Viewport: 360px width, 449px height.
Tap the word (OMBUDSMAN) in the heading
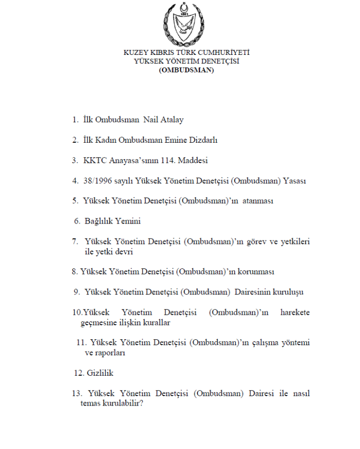186,70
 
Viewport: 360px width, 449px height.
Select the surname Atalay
172,120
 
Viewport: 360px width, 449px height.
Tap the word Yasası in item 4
294,181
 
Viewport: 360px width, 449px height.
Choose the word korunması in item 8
257,272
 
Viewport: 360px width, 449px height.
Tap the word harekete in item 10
295,313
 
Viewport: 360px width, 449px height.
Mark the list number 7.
75,241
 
